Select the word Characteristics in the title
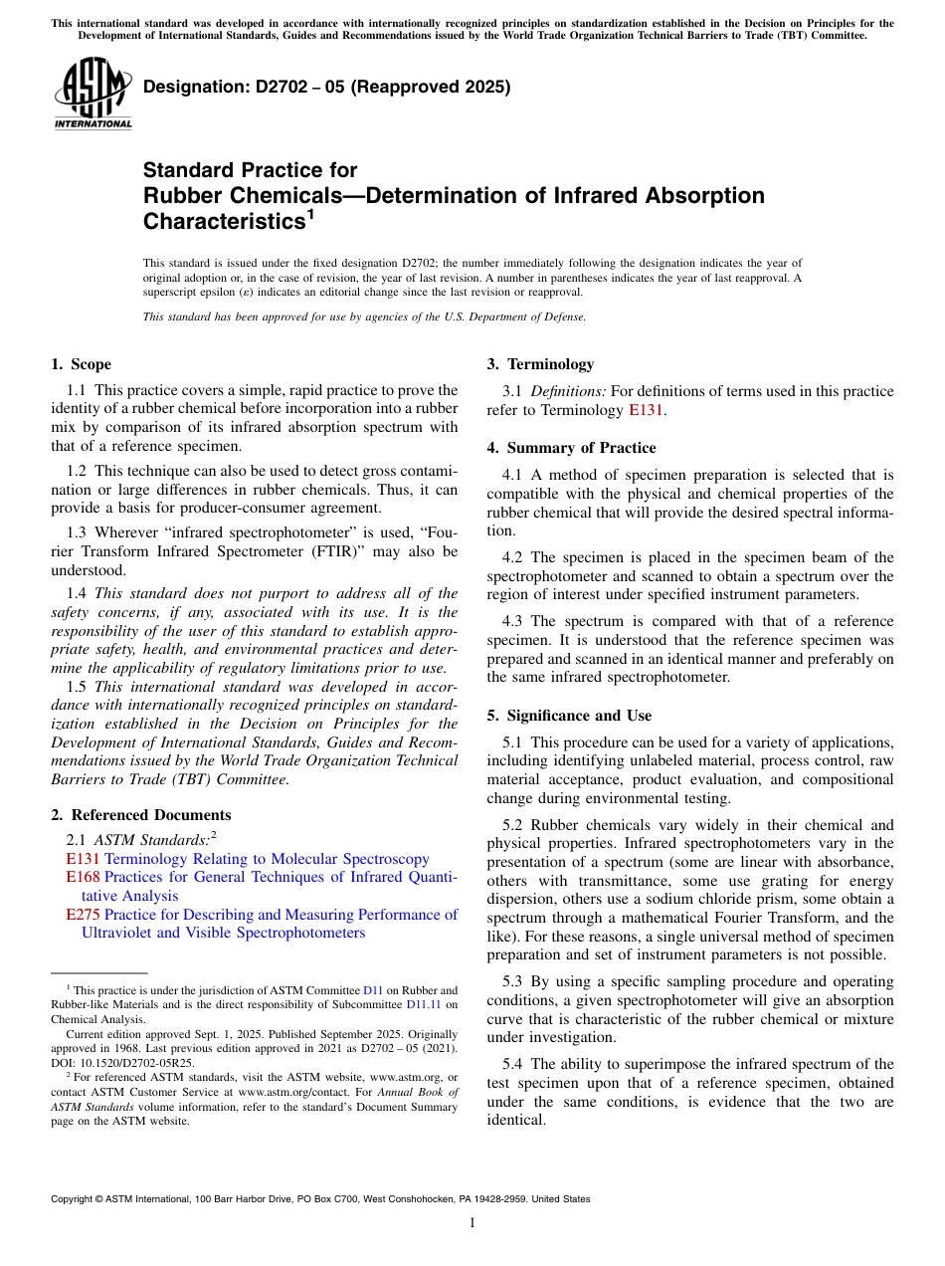[x=222, y=220]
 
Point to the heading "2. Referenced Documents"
[x=141, y=815]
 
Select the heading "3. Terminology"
[x=540, y=364]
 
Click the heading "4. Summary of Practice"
[x=571, y=448]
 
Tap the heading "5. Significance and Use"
[x=569, y=716]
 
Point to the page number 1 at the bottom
[x=472, y=1223]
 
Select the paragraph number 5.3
[x=514, y=982]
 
